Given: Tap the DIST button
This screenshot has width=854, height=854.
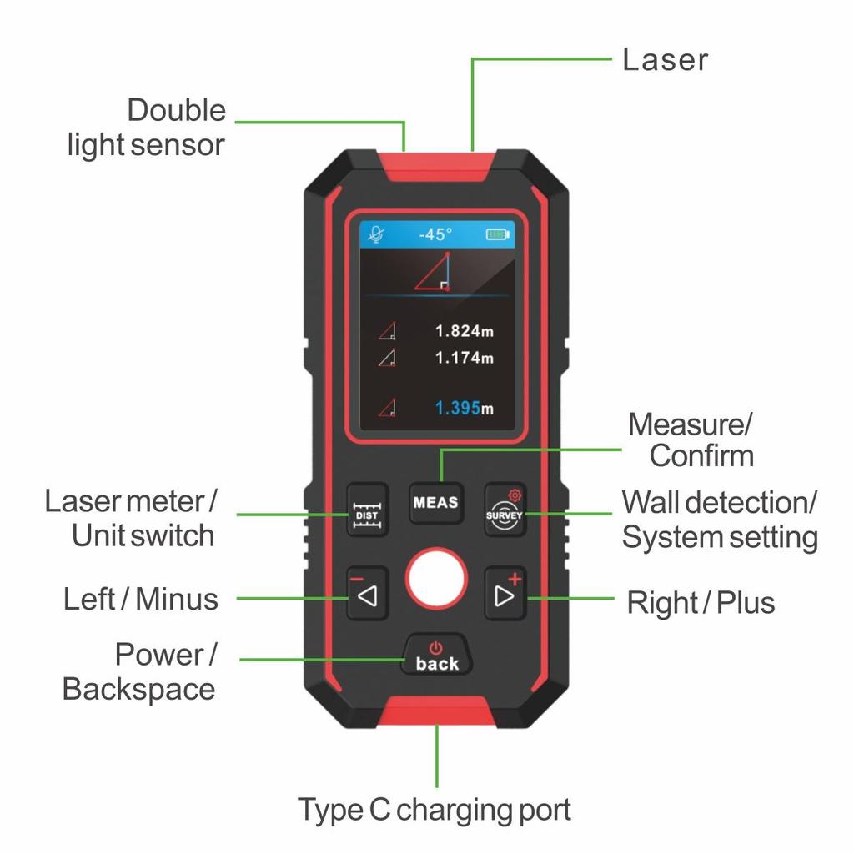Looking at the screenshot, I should (367, 510).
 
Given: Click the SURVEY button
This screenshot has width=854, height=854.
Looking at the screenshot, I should (505, 510).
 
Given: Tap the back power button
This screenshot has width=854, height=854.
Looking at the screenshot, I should (437, 657).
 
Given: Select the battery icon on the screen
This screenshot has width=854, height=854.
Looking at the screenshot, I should (497, 234).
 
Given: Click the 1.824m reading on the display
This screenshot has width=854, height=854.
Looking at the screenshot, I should (464, 331).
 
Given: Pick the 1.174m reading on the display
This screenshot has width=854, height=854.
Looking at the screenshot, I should (464, 358).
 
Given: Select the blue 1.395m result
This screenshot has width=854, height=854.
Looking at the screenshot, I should (464, 408).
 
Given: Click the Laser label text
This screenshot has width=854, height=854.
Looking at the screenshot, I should (665, 60).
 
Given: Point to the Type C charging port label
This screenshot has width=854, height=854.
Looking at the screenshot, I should (435, 809).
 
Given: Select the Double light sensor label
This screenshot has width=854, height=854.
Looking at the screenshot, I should (148, 128).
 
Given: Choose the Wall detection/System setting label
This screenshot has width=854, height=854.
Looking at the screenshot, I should (719, 520).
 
